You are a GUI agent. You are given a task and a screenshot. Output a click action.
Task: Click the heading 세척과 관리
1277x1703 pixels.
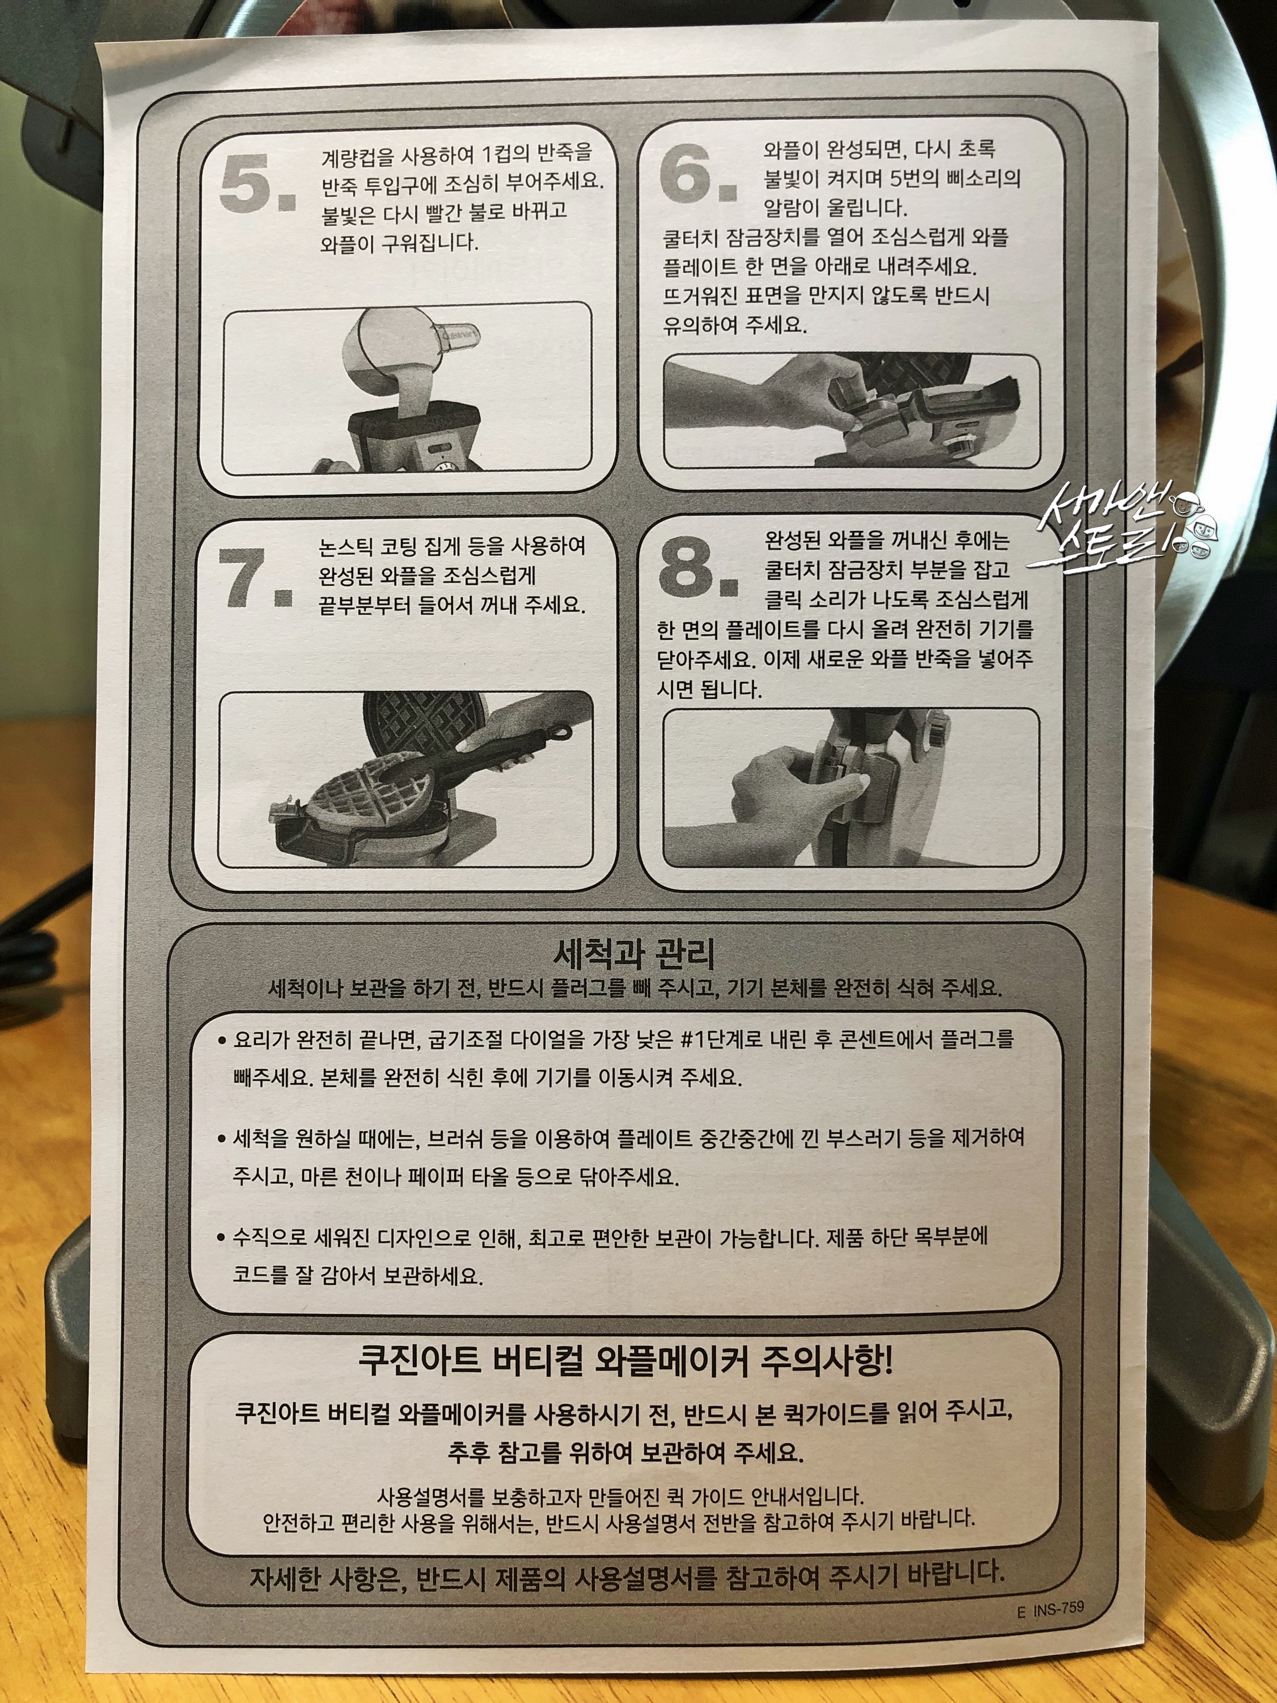633,955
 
